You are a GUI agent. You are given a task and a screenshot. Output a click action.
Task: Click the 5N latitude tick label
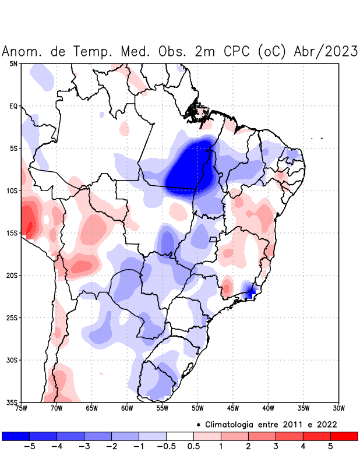click(13, 63)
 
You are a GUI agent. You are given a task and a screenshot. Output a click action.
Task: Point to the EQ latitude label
click(13, 106)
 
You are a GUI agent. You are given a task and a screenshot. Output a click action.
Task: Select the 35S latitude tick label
click(12, 402)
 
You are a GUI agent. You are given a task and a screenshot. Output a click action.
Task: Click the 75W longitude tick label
click(21, 408)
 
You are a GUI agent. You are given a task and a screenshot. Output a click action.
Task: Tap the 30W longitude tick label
click(339, 408)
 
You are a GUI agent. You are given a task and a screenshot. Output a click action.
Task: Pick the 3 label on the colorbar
click(276, 446)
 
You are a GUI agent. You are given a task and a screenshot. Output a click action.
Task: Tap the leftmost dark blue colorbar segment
click(16, 436)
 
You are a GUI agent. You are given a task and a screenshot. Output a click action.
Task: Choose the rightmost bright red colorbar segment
click(344, 436)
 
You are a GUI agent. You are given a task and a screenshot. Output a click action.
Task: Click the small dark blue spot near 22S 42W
click(250, 293)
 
